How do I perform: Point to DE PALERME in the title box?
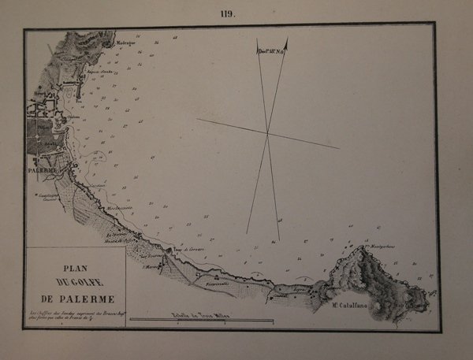73,299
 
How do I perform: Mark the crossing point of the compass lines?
267,134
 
